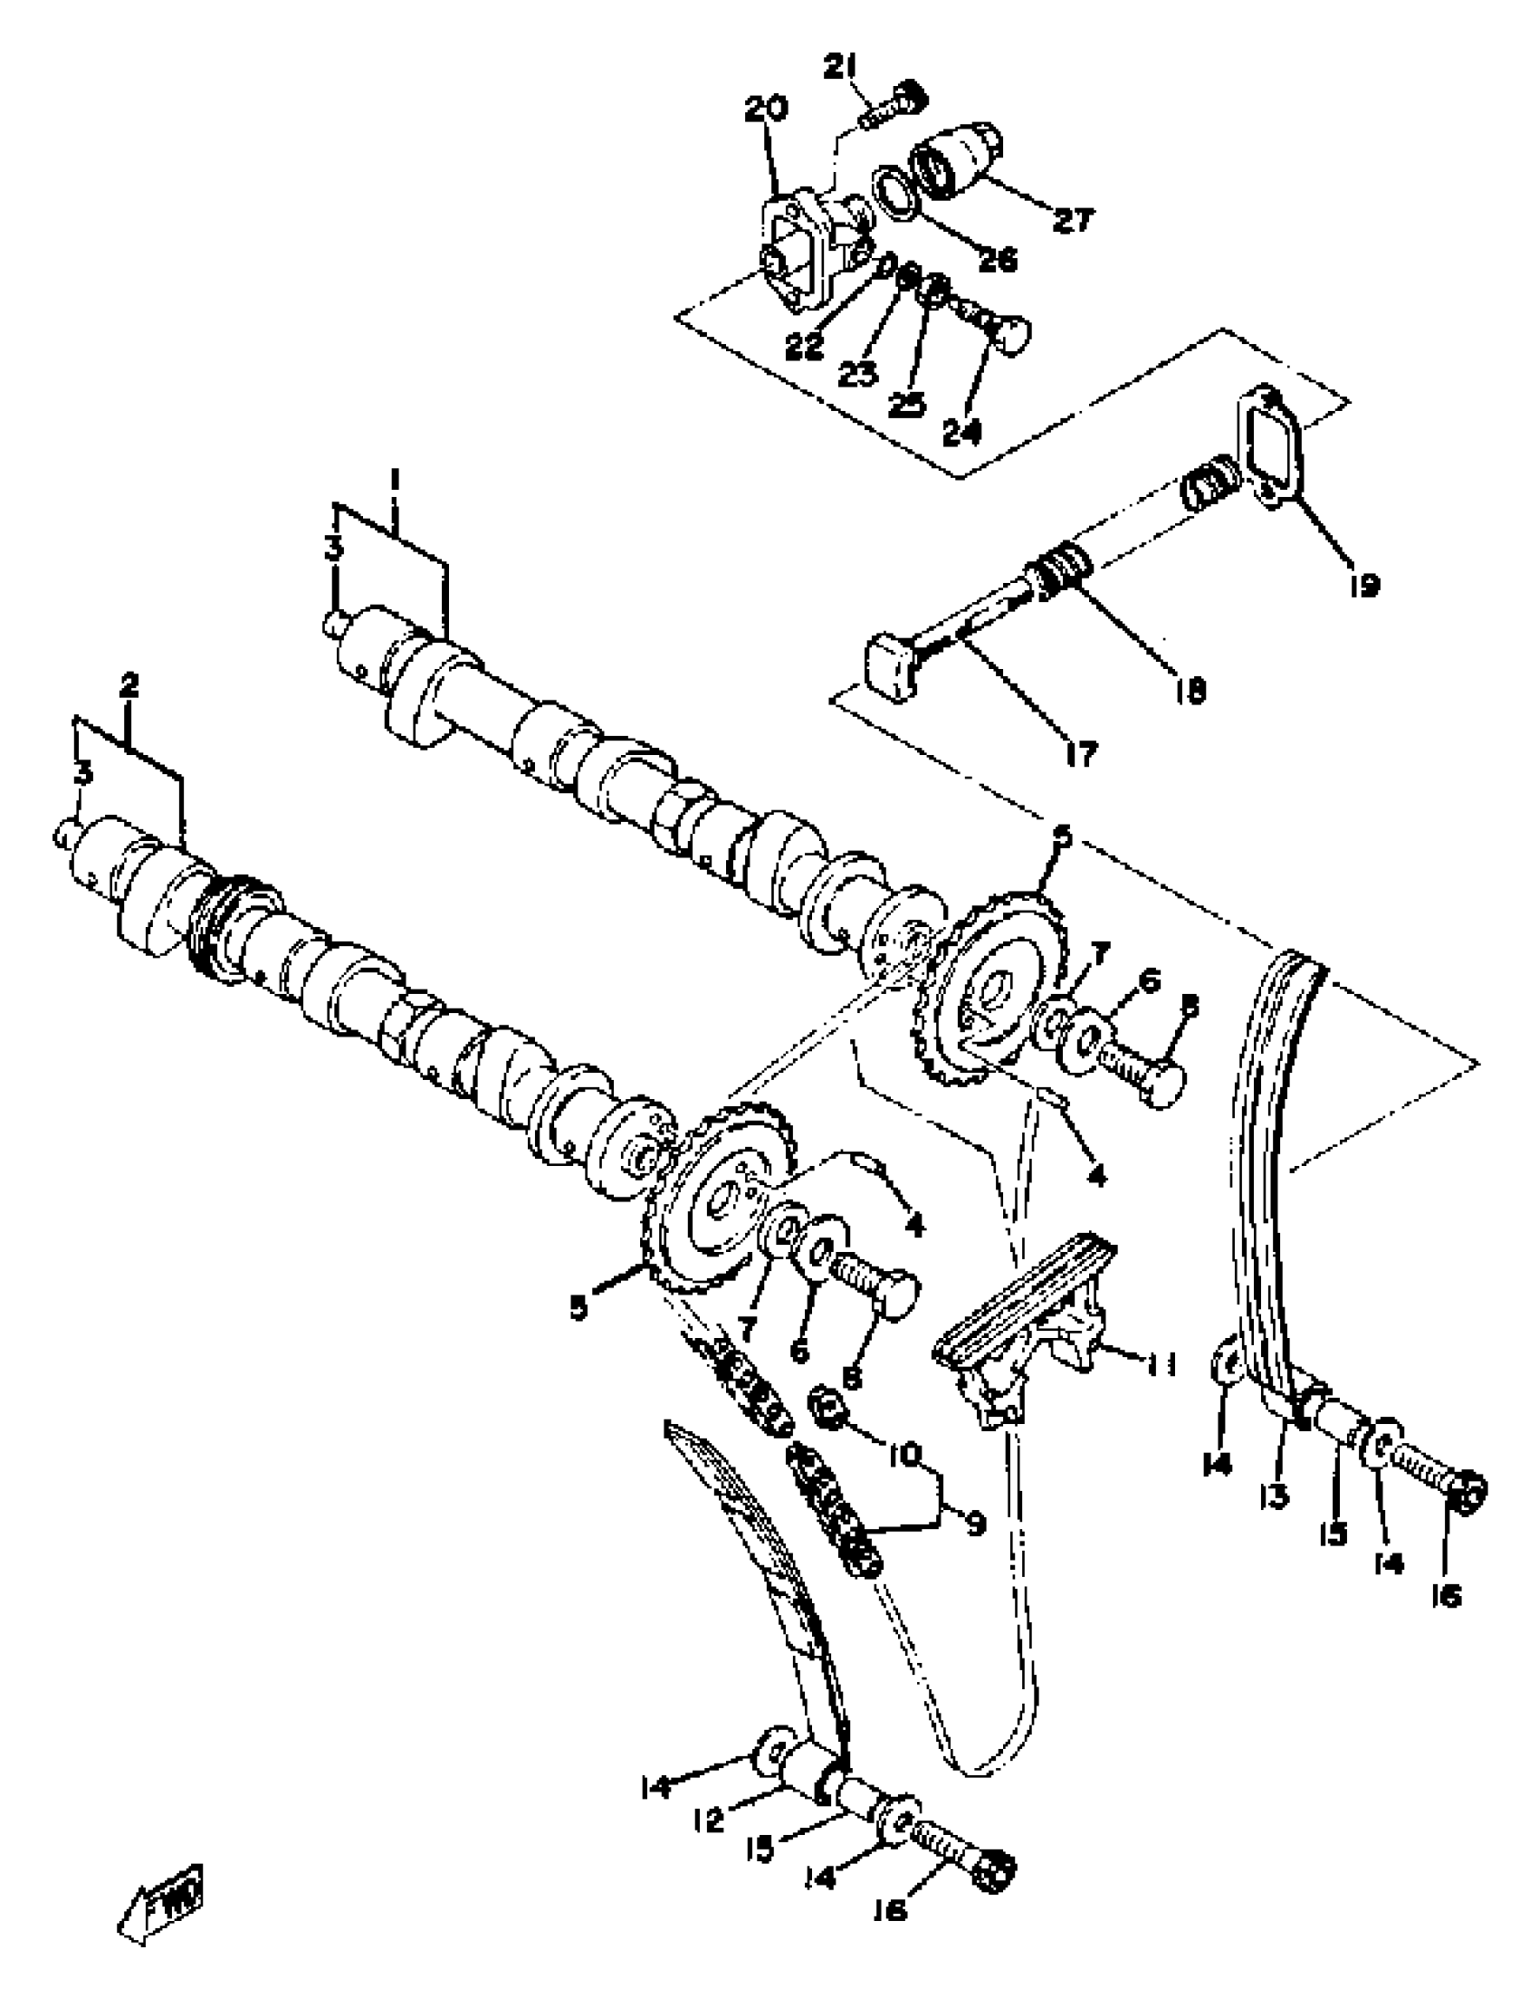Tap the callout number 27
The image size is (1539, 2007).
coord(1074,220)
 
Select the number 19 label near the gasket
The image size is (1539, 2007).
coord(1364,585)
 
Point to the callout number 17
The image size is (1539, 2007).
coord(1081,755)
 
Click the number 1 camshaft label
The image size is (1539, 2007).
coord(395,479)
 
